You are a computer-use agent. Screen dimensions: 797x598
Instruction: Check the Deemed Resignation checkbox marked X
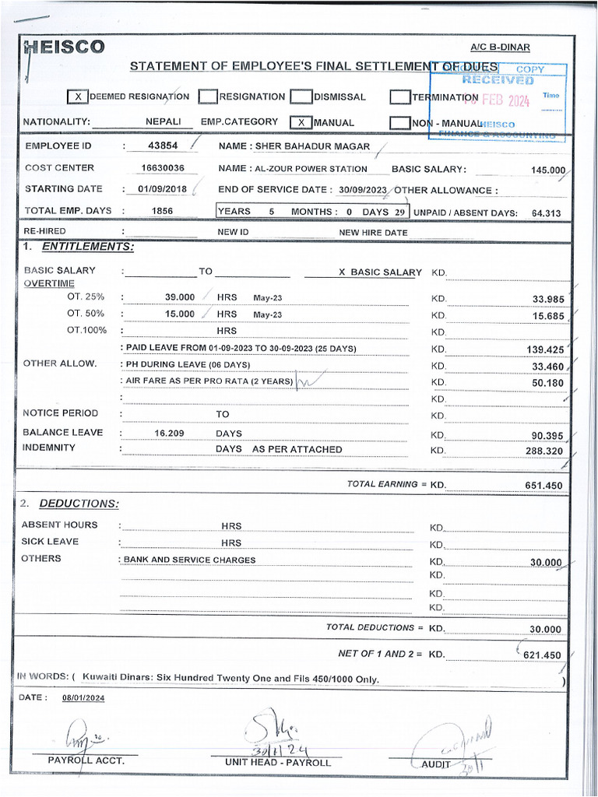77,97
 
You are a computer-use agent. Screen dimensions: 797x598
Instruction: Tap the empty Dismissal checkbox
301,97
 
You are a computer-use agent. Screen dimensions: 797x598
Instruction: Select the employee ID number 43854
163,146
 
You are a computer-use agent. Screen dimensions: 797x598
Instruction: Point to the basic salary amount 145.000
547,170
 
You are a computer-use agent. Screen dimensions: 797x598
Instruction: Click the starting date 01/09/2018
163,189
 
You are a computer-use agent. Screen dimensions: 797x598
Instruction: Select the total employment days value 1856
162,211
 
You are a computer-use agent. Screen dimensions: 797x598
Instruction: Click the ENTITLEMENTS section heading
87,247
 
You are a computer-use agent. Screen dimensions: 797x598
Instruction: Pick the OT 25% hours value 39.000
180,297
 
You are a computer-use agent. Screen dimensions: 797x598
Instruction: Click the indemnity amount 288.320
544,451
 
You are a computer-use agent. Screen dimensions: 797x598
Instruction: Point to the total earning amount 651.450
544,486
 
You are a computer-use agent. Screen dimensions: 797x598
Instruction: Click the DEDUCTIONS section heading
79,504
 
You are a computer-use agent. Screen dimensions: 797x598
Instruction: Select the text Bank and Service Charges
189,560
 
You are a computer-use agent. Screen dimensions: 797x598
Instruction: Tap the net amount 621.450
542,655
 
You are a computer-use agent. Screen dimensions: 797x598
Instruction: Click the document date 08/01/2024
83,698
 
